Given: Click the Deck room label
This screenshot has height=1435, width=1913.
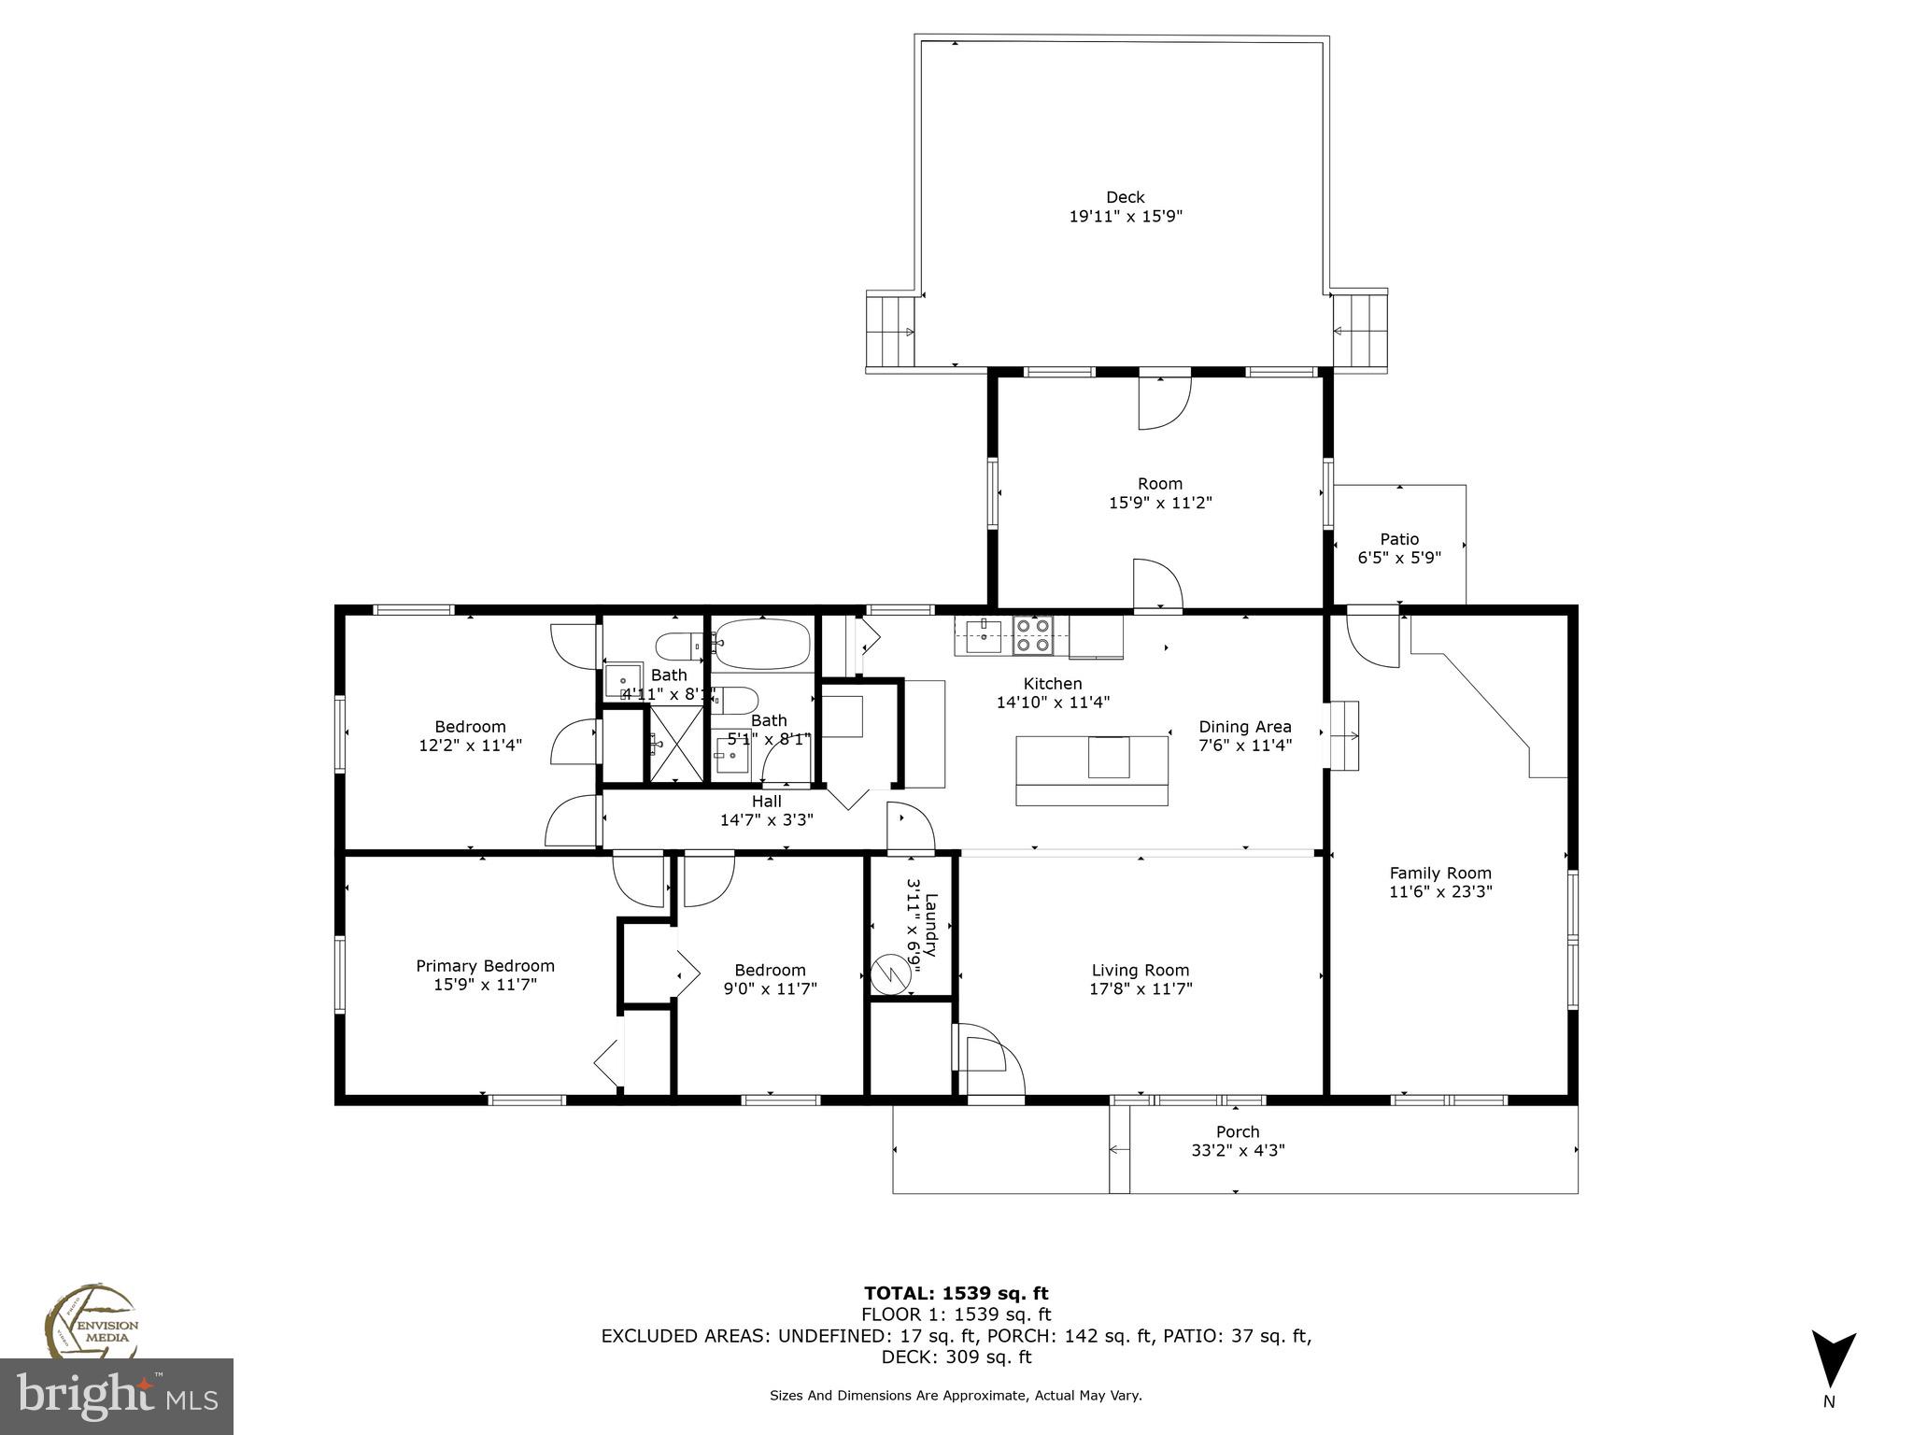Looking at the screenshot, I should click(x=1125, y=197).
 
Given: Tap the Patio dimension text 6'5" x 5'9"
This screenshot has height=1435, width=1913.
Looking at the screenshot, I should click(x=1398, y=558).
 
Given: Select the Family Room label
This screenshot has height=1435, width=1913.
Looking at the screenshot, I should click(x=1439, y=874).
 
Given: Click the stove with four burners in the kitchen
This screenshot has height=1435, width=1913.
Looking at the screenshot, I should click(x=1033, y=635).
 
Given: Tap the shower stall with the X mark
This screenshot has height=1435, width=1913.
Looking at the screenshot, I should click(x=676, y=744).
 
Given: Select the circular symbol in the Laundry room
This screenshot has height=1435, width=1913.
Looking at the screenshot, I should click(x=889, y=975).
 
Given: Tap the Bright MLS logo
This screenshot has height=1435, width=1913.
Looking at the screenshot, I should click(x=116, y=1396).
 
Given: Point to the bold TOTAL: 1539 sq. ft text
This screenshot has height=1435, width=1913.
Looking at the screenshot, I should click(x=956, y=1293).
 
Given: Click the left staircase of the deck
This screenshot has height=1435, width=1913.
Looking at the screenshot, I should click(x=890, y=331).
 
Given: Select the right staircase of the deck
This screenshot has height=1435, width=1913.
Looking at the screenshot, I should click(x=1360, y=331).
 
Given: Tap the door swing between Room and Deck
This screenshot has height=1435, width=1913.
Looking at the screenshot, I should click(x=1163, y=402).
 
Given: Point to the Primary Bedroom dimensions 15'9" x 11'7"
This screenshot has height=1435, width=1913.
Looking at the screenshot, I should click(x=485, y=985).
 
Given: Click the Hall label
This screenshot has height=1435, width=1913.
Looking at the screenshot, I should click(x=766, y=802).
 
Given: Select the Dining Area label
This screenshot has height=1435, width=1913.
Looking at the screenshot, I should click(x=1244, y=727).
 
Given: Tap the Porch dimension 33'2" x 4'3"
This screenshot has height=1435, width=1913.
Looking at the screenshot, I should click(x=1237, y=1151).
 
